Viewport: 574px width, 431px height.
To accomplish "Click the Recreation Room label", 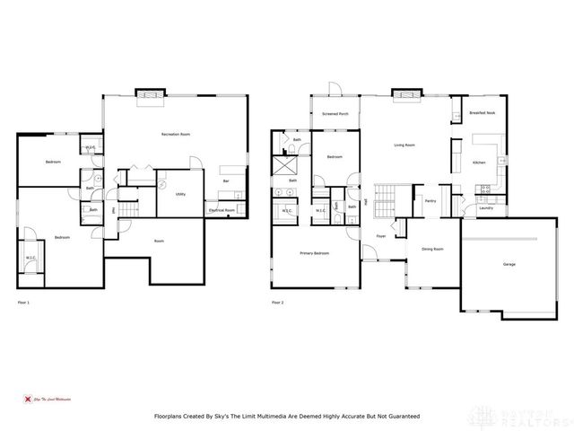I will (175, 134).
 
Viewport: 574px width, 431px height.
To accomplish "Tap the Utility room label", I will (180, 193).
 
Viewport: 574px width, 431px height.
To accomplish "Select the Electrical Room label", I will (222, 210).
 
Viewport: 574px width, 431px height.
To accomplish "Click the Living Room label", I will (404, 144).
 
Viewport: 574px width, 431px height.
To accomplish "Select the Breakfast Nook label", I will (482, 113).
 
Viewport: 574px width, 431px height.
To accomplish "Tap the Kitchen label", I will (479, 163).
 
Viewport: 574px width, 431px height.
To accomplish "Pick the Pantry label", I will (430, 201).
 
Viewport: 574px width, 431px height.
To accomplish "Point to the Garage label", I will (509, 264).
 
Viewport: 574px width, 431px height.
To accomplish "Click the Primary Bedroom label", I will (314, 253).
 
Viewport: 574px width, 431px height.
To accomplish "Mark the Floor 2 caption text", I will (280, 303).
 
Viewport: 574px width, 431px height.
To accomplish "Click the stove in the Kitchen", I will (485, 189).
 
